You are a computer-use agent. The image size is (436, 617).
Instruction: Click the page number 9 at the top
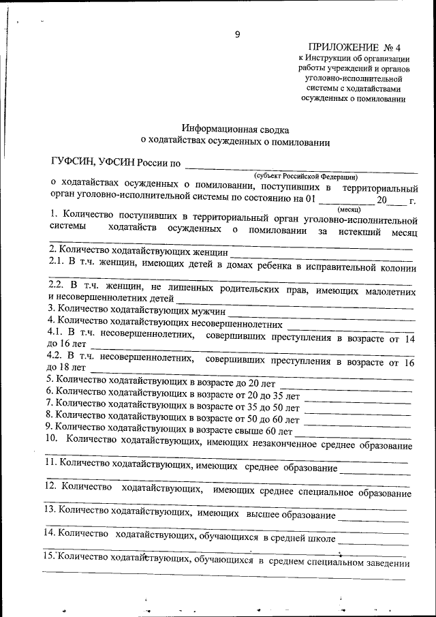[237, 34]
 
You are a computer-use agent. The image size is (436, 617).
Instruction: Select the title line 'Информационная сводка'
[235, 128]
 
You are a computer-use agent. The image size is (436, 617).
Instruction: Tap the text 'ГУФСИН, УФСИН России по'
[116, 162]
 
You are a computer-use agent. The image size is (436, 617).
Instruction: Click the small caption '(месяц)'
[349, 211]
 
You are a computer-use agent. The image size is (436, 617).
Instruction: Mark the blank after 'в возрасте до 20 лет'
[345, 386]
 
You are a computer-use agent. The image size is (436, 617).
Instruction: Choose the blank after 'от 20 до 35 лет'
[358, 397]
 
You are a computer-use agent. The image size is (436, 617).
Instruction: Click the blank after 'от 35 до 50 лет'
[358, 408]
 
